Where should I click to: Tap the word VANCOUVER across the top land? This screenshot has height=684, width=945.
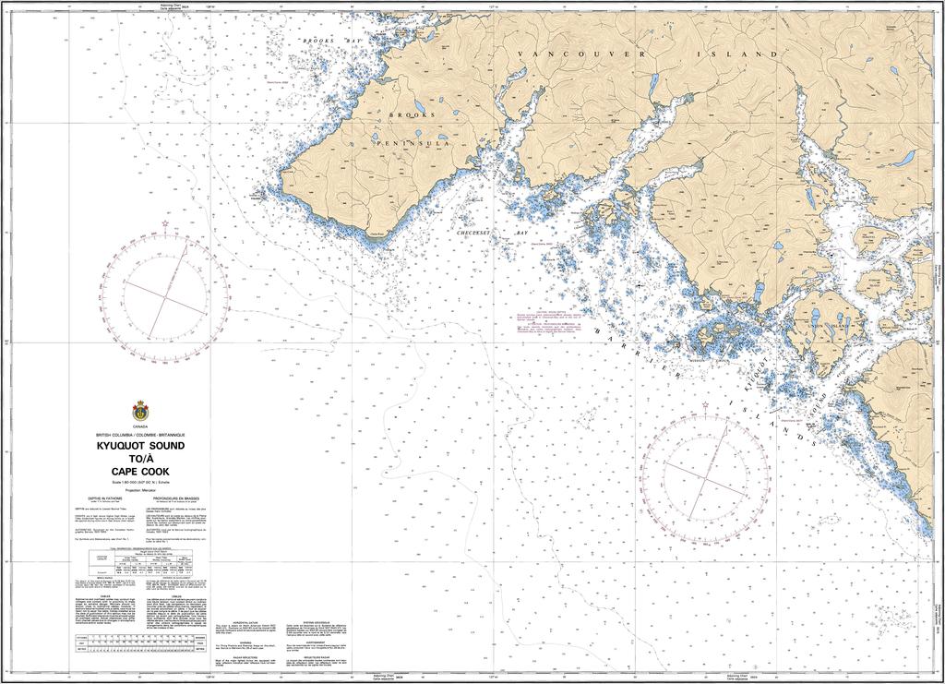coord(572,55)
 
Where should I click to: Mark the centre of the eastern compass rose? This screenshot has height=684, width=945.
coord(706,478)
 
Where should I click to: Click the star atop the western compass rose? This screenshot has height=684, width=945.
coord(165,223)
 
